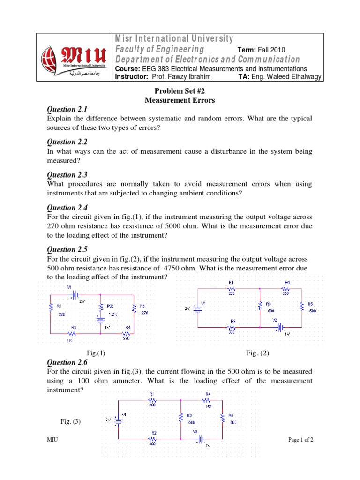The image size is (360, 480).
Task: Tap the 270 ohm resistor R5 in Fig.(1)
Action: tap(134, 308)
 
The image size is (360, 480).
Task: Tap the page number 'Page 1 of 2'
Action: tap(300, 440)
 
